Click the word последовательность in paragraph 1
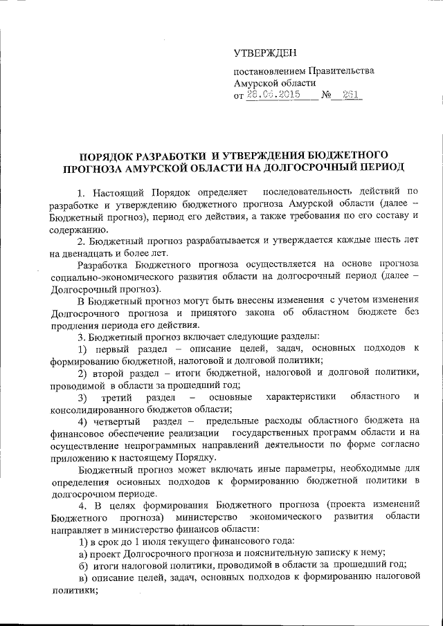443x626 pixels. tap(311, 191)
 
